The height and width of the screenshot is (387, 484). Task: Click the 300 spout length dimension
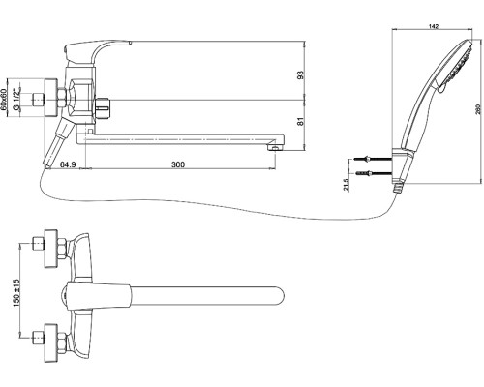178,164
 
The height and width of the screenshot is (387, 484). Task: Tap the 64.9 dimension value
68,164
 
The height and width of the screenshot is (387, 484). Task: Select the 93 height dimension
300,75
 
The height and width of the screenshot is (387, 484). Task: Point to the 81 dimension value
300,122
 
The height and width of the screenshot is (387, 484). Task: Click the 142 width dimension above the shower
435,26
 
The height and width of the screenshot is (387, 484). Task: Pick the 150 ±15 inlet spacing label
16,293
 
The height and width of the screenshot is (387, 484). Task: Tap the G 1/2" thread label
15,100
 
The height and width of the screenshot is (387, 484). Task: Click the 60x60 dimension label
4,100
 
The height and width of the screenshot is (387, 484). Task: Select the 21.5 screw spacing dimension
346,185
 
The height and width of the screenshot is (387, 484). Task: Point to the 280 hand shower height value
478,109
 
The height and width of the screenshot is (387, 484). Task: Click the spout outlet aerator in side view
275,148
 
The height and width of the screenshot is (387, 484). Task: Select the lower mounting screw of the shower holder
374,173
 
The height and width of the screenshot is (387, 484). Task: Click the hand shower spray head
456,65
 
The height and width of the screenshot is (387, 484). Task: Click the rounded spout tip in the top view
279,296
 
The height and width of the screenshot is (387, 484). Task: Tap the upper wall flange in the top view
51,249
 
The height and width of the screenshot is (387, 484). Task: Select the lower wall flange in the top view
51,342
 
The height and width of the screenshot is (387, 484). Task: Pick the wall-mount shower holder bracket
402,165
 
